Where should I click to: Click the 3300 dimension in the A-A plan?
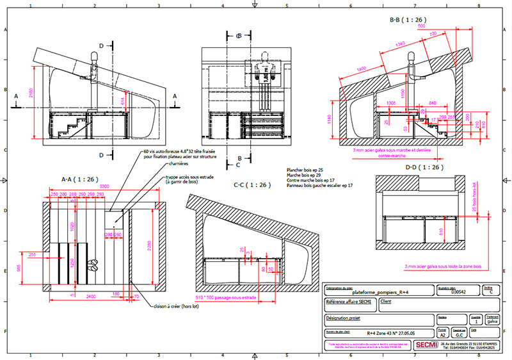click(x=102, y=187)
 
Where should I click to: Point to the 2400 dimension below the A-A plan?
click(x=92, y=297)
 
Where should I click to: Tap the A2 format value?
click(x=441, y=334)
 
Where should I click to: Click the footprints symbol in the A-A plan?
click(x=94, y=263)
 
